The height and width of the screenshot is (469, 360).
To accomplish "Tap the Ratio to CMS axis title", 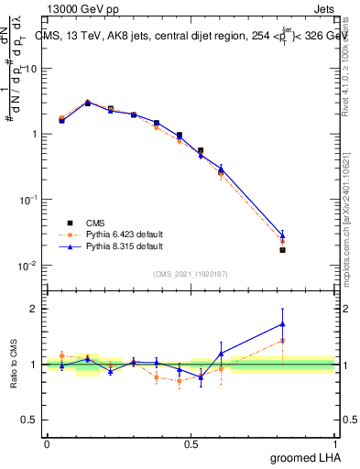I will pos(13,364).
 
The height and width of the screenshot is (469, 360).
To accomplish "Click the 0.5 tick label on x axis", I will pos(191,443).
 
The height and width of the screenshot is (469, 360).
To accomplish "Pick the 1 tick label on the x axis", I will pos(335,443).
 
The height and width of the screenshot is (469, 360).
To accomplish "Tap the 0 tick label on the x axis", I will pos(47,443).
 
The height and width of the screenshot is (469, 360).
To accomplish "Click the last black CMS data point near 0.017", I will pos(282,249).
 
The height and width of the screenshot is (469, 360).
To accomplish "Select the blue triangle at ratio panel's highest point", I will pos(282,323).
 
